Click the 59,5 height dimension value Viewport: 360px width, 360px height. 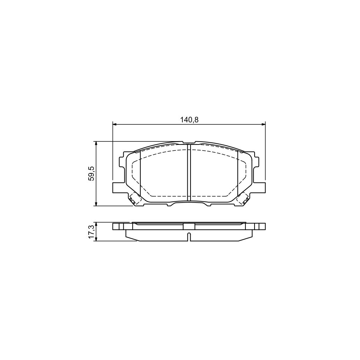click(91, 173)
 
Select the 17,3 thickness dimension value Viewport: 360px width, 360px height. click(91, 232)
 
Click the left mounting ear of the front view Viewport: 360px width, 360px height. click(117, 187)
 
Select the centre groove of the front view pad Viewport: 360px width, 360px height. click(188, 172)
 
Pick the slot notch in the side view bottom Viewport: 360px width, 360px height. click(189, 237)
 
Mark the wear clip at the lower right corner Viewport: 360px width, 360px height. click(243, 199)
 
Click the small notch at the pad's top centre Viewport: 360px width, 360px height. click(189, 142)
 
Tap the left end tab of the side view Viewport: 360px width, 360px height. click(119, 226)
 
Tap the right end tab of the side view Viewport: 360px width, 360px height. click(259, 226)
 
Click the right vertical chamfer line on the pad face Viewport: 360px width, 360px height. click(238, 172)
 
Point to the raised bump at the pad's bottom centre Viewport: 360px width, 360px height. click(189, 202)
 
